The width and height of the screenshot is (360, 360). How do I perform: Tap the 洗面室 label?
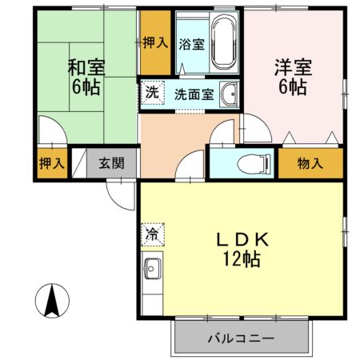pyautogui.click(x=194, y=94)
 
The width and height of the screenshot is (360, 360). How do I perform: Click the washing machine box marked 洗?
pyautogui.click(x=152, y=93)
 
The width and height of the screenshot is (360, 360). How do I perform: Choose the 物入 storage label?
pyautogui.click(x=310, y=164)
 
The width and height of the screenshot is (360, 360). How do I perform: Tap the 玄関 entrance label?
pyautogui.click(x=112, y=164)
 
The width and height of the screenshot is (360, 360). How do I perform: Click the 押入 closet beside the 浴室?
pyautogui.click(x=155, y=42)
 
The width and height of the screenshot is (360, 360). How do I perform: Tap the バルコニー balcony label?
pyautogui.click(x=242, y=338)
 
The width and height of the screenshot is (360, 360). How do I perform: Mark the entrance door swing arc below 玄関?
pyautogui.click(x=118, y=193)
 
